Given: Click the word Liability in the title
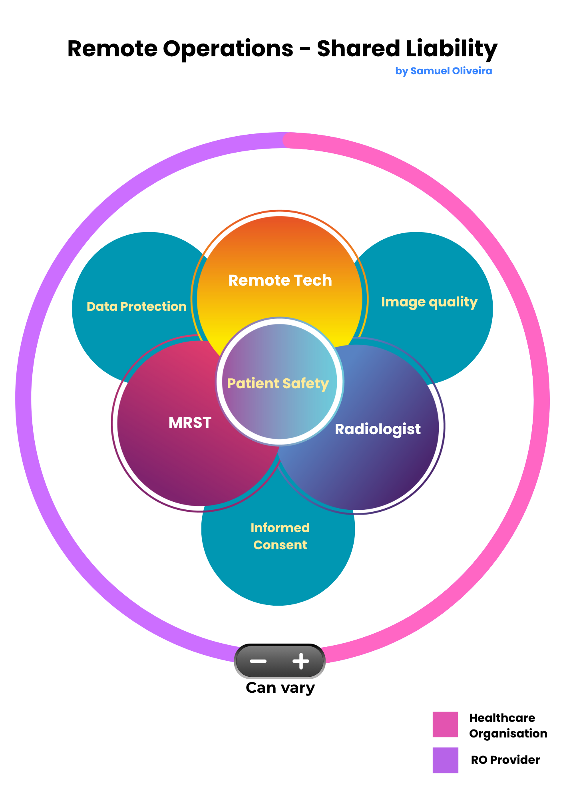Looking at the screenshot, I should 451,49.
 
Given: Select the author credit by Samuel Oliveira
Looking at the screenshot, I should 444,71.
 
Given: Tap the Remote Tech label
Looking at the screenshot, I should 280,280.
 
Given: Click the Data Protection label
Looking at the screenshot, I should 137,306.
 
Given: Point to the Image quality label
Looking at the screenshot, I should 429,302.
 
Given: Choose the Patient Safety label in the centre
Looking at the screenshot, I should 278,384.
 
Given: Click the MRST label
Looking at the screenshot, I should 190,423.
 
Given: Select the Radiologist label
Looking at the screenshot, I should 378,429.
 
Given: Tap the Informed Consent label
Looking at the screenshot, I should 280,536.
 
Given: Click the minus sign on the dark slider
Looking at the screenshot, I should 258,661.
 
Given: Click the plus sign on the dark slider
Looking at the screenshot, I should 301,661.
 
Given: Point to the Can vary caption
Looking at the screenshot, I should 280,688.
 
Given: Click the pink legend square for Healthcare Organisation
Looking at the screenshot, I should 445,724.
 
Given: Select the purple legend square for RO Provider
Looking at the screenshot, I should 445,760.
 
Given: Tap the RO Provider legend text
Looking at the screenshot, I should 505,760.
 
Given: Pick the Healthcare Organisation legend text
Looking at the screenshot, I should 507,725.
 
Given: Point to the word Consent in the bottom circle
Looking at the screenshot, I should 280,545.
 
